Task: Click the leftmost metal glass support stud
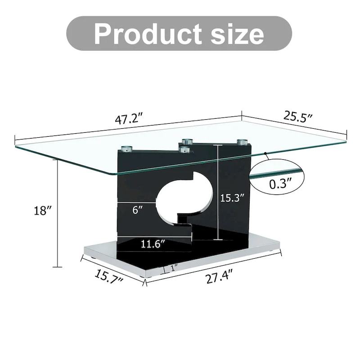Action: coord(126,148)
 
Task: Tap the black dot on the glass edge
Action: coord(266,155)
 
